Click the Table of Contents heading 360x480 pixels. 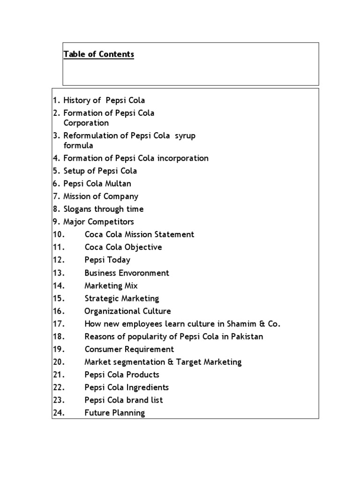coord(99,54)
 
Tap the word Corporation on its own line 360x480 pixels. coord(86,123)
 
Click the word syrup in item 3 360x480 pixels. coord(185,135)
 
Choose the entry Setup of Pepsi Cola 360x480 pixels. coord(100,171)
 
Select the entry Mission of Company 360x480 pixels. coord(101,196)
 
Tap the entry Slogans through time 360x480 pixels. coord(103,209)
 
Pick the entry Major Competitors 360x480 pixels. coord(98,222)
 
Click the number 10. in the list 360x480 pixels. coord(58,234)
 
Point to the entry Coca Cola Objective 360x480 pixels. coord(123,247)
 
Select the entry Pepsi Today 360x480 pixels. coord(107,260)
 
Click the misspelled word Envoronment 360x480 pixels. coord(146,273)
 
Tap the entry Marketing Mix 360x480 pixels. coord(111,285)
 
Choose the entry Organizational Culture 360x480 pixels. coord(127,311)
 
